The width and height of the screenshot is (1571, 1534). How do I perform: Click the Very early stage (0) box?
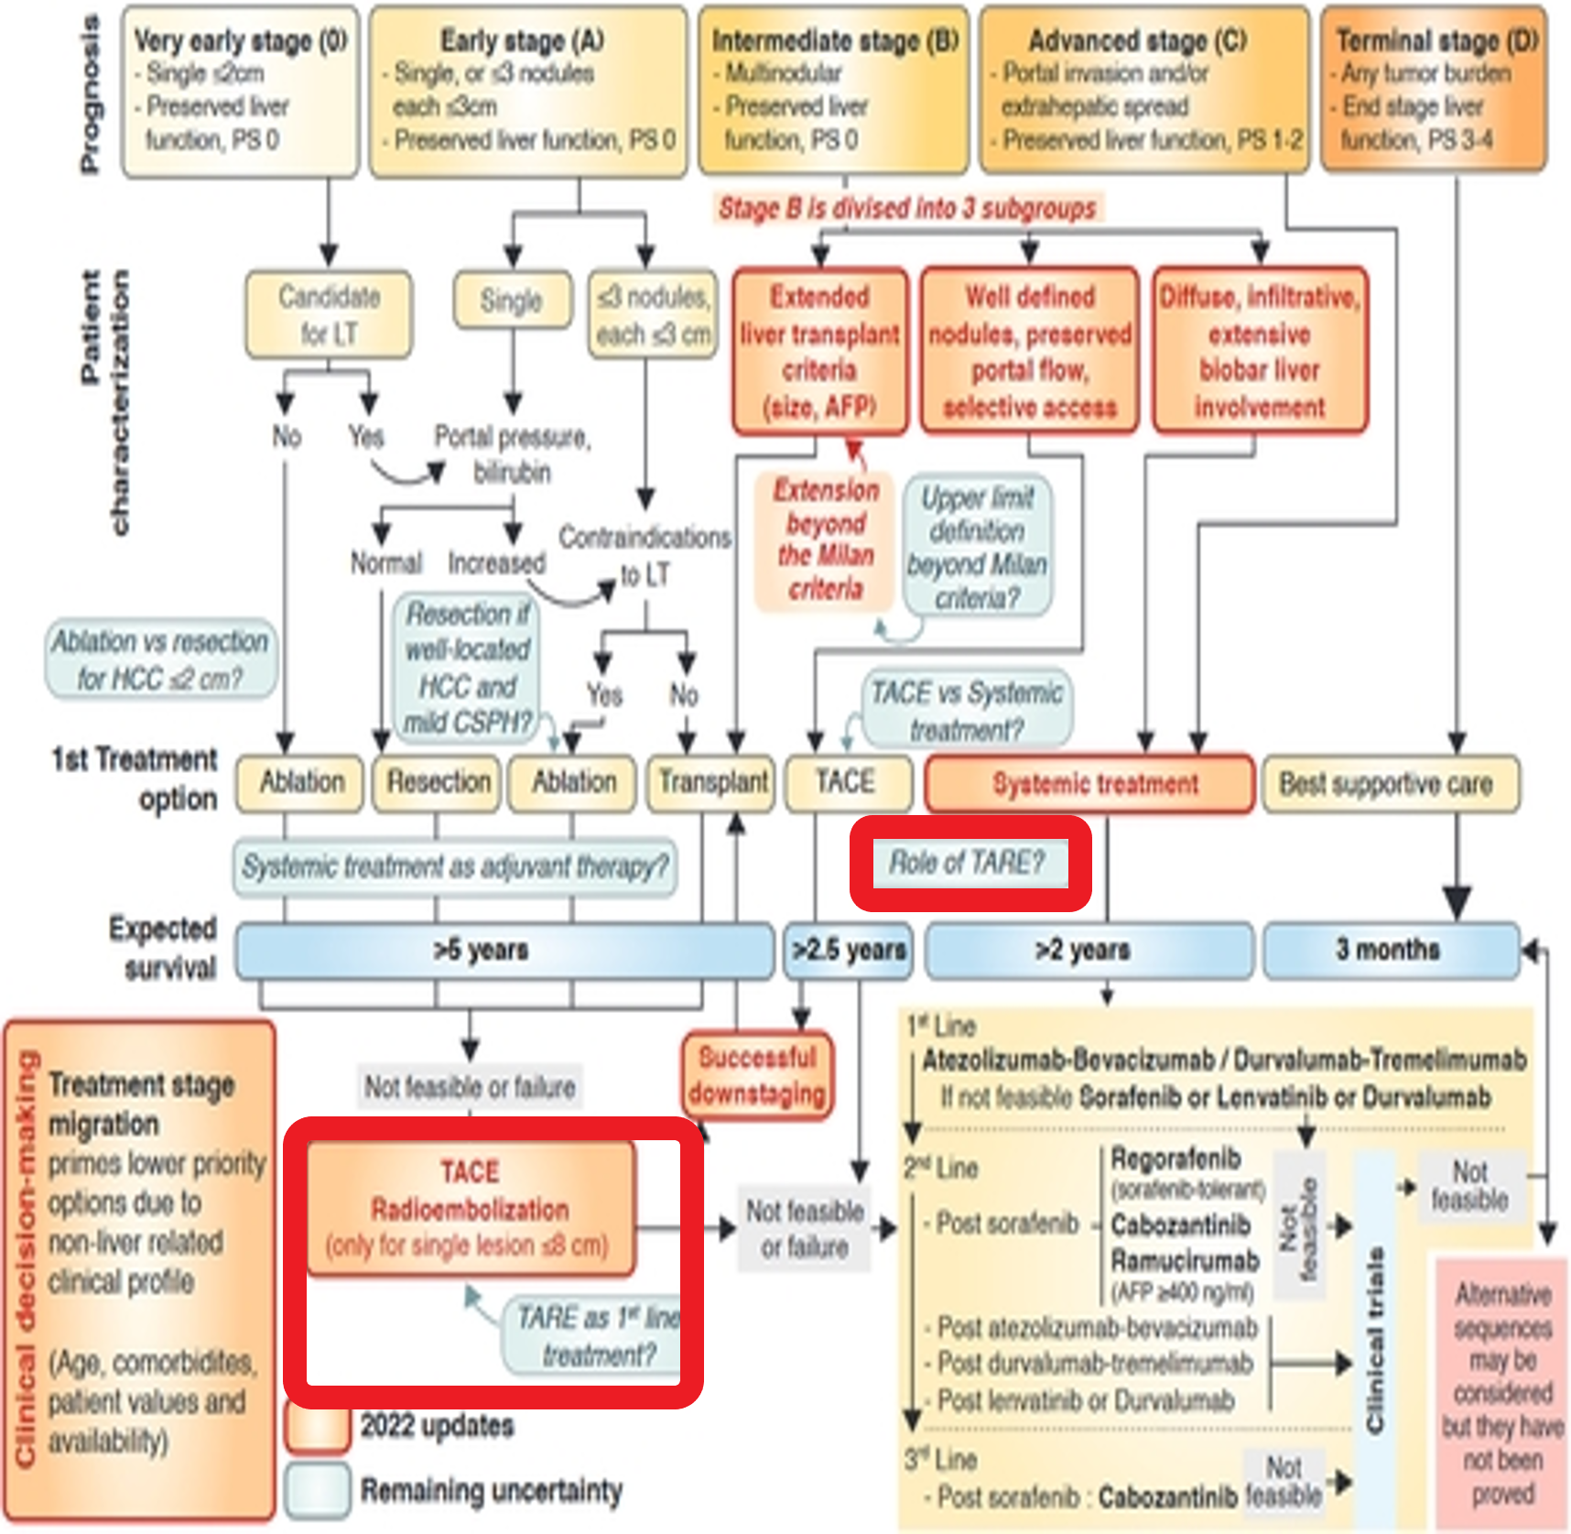tap(240, 91)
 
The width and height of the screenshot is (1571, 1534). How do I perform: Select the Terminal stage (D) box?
tap(1434, 91)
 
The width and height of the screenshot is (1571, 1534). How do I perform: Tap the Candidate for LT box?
tap(329, 314)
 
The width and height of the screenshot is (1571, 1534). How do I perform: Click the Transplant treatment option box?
tap(713, 783)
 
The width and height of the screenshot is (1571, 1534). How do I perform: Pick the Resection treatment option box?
tap(438, 783)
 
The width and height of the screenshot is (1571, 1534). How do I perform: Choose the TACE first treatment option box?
tap(847, 783)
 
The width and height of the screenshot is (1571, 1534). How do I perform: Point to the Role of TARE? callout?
tap(969, 863)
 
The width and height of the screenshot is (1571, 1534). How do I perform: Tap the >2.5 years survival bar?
tap(848, 951)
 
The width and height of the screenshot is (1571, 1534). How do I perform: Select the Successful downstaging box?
tap(757, 1076)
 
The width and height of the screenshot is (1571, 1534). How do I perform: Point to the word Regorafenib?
tap(1176, 1159)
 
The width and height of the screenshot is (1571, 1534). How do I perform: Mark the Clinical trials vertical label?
tap(1374, 1337)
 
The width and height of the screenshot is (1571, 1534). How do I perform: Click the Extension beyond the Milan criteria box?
tap(825, 539)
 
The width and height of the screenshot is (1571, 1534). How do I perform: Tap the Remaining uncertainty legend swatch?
tap(317, 1490)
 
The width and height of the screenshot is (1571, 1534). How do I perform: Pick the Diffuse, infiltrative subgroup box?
tap(1260, 351)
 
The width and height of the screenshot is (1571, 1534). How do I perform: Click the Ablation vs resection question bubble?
tap(160, 659)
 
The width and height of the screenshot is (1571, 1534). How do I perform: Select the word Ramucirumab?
tap(1185, 1261)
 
